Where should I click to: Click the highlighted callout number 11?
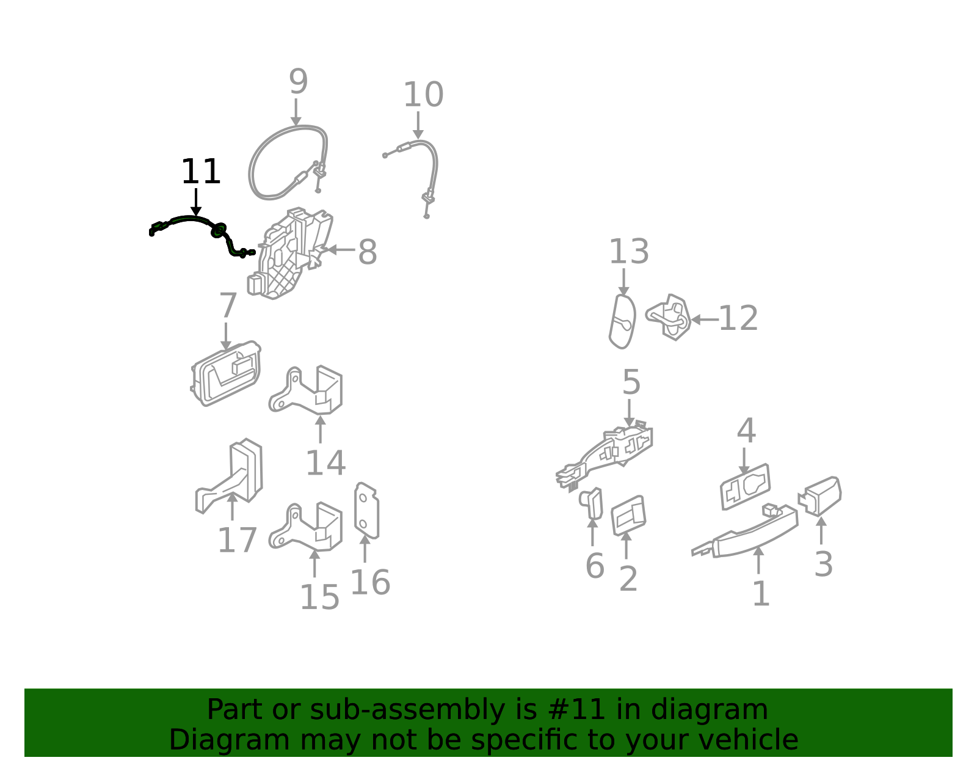pos(200,171)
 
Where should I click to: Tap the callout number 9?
pos(298,81)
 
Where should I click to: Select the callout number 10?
pos(423,95)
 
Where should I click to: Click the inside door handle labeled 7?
pos(226,373)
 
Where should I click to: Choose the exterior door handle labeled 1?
pos(746,532)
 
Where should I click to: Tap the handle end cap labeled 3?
pos(820,495)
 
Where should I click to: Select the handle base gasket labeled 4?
pos(745,487)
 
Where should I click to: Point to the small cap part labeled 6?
pos(592,503)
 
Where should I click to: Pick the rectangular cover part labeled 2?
pos(628,515)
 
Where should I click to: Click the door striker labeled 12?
pos(668,317)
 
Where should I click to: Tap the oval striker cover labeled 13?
pos(623,321)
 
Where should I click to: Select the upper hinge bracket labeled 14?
pos(306,390)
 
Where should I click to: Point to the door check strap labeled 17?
pos(230,476)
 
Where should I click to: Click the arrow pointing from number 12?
pos(704,319)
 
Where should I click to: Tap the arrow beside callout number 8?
pos(341,249)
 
